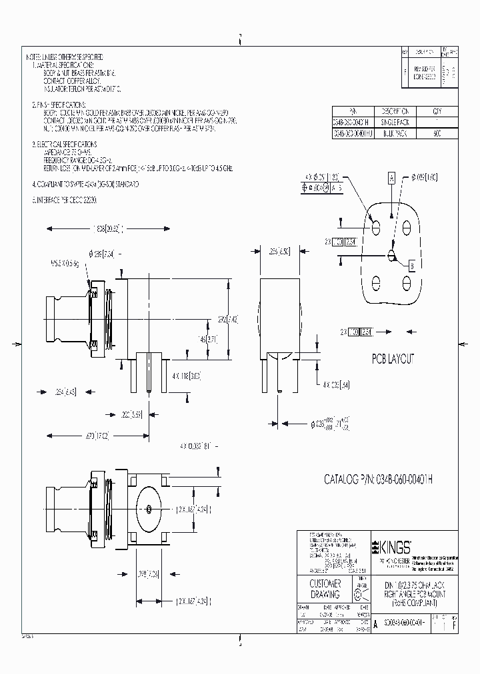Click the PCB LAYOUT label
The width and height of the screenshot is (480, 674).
click(x=392, y=359)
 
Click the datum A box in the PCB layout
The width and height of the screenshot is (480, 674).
click(x=391, y=178)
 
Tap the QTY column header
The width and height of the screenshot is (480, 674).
click(x=437, y=111)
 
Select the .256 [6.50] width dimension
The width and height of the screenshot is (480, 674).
click(x=279, y=252)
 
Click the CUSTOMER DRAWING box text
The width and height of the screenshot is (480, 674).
click(x=325, y=589)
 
